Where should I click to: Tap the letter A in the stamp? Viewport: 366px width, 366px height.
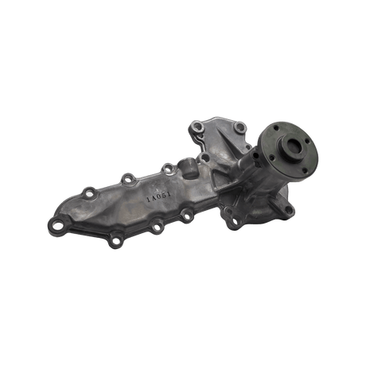153,197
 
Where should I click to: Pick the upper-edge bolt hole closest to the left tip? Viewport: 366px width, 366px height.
90,191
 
